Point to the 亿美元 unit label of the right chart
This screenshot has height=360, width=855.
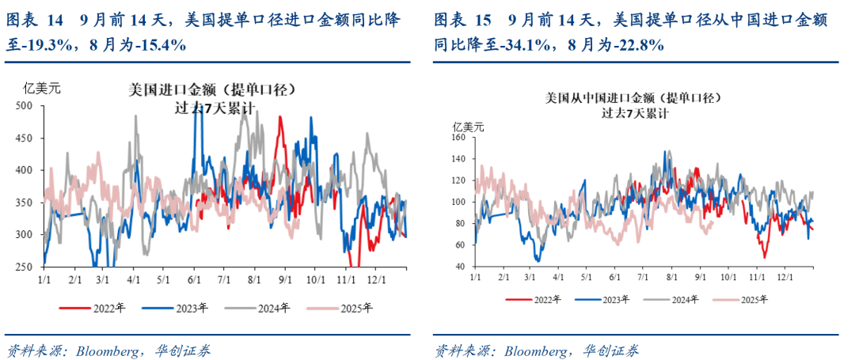point(468,126)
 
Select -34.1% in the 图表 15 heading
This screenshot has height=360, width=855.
point(525,46)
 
